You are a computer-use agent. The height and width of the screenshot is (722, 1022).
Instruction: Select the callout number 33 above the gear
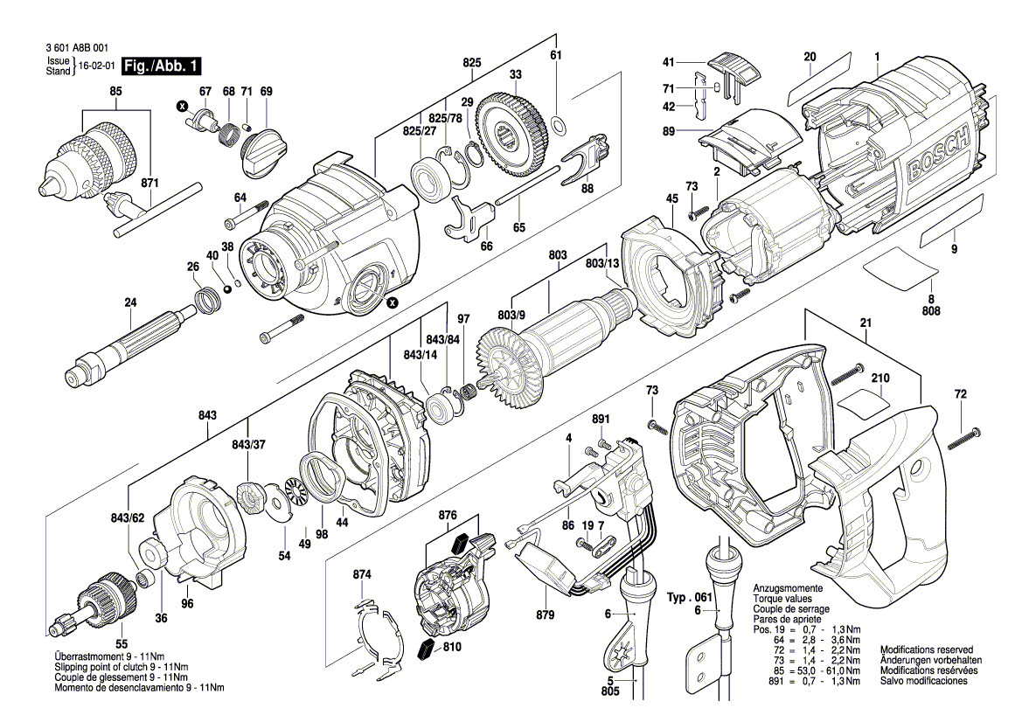click(x=516, y=73)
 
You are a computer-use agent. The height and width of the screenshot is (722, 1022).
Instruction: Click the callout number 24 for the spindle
click(x=131, y=302)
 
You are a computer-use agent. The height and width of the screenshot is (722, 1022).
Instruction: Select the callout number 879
click(x=545, y=615)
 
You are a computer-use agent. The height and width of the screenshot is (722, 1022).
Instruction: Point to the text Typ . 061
click(x=692, y=596)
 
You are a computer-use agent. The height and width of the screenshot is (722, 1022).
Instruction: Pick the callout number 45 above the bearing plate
click(x=671, y=198)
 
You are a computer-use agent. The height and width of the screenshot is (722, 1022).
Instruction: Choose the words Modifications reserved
click(x=926, y=650)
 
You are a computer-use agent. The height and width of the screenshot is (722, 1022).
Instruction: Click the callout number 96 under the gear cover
click(x=186, y=604)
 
